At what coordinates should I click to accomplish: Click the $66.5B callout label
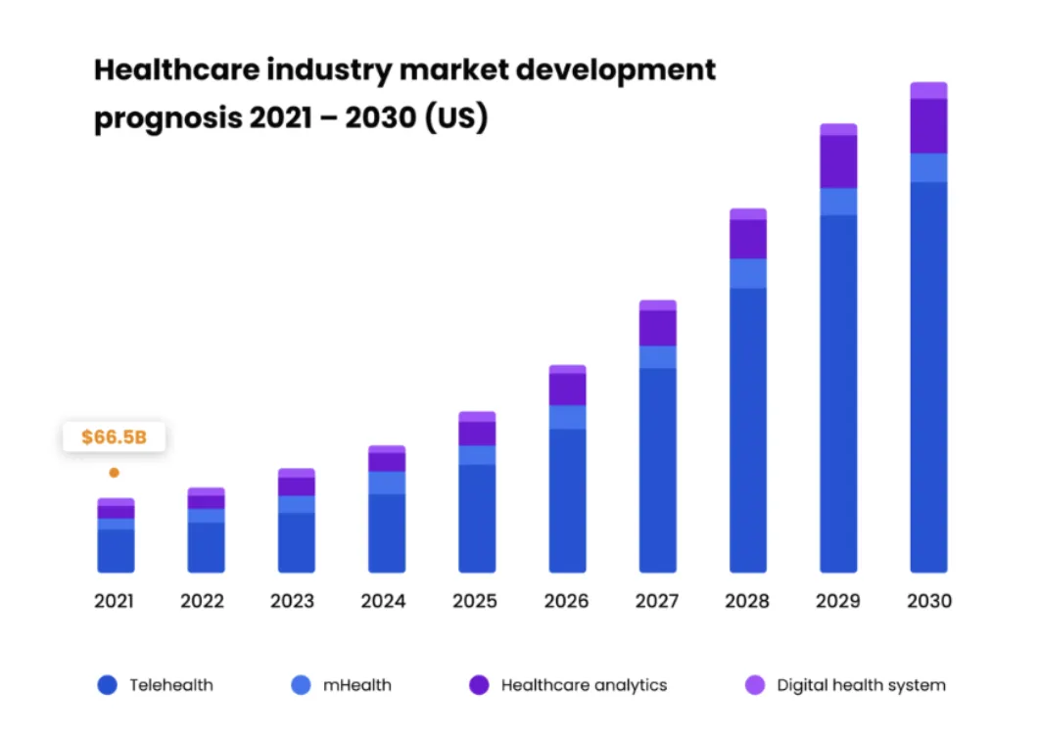click(114, 436)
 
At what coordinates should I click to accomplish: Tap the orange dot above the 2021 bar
click(114, 473)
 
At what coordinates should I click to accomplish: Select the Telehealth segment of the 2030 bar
click(928, 377)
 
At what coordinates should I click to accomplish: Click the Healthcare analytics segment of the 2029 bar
click(838, 161)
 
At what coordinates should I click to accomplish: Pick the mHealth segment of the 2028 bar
click(748, 273)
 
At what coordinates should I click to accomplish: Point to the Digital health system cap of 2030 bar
click(928, 90)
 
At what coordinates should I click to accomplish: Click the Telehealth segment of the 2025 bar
click(477, 518)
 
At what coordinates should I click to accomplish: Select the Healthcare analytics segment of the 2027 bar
click(657, 328)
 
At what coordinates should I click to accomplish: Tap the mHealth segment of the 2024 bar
click(387, 482)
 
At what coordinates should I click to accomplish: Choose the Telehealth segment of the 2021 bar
click(116, 550)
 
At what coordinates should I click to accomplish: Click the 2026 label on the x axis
click(567, 601)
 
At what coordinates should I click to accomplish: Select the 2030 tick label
click(928, 601)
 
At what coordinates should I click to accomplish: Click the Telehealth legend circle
click(108, 685)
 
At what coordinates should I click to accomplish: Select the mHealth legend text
click(356, 685)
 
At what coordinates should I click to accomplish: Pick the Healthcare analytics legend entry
click(584, 685)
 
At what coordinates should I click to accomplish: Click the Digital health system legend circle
click(755, 685)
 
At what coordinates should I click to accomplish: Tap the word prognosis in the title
click(165, 118)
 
